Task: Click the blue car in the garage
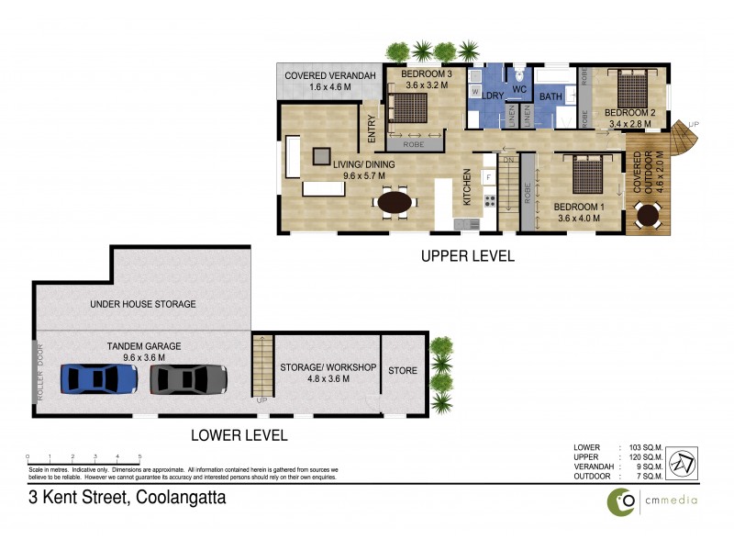99,377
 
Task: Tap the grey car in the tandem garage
188,377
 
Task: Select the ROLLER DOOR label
39,371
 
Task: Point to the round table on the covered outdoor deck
649,216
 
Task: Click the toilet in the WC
519,76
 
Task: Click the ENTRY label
372,128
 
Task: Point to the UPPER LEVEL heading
467,256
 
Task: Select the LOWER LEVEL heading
239,435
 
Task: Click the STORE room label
403,371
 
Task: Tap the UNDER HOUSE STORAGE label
142,304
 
